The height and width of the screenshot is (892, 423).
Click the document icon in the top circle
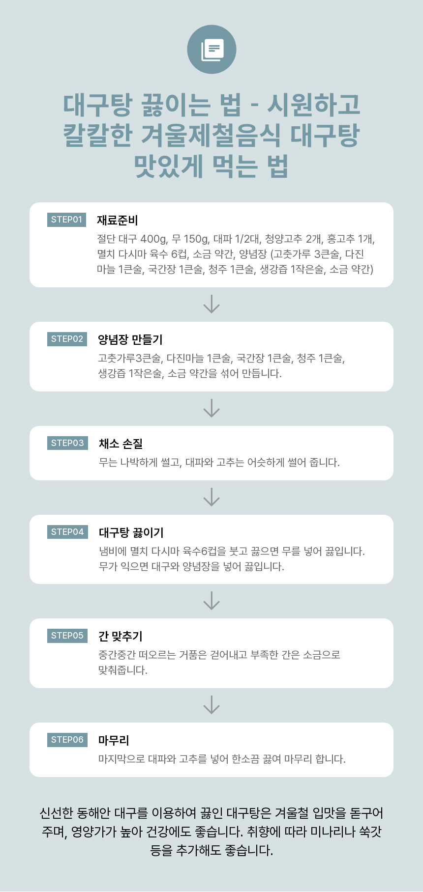pos(212,50)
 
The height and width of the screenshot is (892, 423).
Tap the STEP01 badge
pos(66,220)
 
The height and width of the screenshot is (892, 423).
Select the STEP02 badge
pos(67,339)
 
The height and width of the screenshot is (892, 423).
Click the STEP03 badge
pos(67,443)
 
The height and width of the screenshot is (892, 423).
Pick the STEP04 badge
pos(67,532)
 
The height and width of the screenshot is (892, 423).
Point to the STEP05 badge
pos(67,636)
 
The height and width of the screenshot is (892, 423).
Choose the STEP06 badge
pos(67,740)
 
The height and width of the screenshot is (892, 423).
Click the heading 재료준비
pos(117,220)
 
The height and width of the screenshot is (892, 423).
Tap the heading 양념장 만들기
pos(130,339)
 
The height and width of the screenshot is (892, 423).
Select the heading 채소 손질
pos(121,444)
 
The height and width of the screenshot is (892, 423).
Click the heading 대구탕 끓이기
pos(131,532)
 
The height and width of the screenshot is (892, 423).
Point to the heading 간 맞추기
pos(121,636)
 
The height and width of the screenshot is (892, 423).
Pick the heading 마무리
pos(114,740)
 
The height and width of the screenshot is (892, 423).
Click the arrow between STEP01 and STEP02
pos(211,304)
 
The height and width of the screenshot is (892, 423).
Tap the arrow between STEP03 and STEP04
pos(211,497)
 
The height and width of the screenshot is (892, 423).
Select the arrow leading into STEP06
pos(211,705)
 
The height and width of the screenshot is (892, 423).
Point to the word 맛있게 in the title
pos(168,166)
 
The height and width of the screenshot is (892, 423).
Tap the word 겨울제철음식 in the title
pos(211,136)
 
